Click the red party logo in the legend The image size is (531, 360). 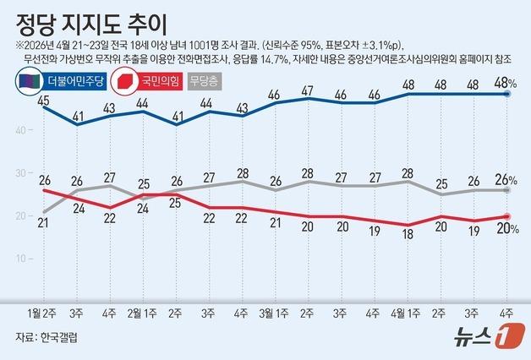(x=124, y=82)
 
